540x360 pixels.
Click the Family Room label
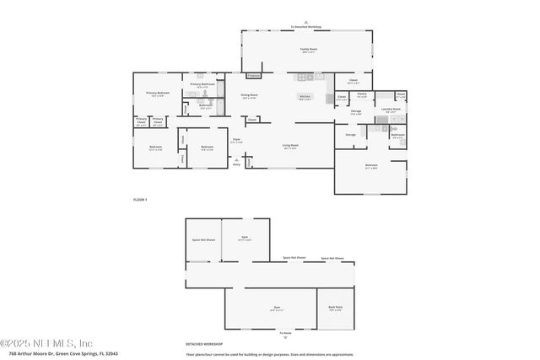308,50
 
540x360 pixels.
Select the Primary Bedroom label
158,94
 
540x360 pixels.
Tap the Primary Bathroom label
202,84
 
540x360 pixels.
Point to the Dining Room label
248,96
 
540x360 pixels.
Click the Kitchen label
305,97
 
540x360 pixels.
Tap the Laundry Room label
390,109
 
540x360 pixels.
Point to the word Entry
236,164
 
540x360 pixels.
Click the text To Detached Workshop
306,27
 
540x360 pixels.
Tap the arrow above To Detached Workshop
306,22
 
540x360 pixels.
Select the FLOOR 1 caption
140,199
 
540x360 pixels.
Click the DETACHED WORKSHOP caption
204,343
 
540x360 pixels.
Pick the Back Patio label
335,308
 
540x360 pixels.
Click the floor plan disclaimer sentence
269,354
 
